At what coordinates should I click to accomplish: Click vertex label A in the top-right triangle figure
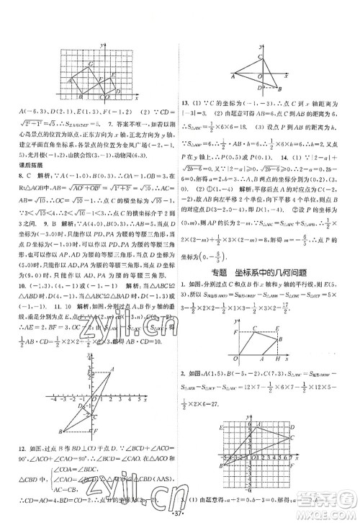pos(232,74)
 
